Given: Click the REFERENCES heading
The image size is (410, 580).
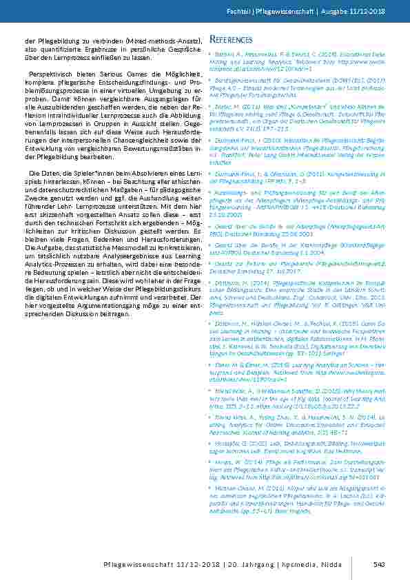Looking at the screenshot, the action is tap(230, 39).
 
